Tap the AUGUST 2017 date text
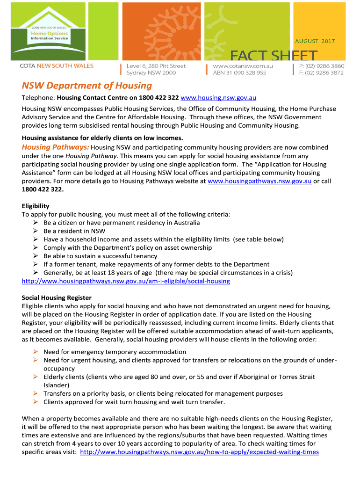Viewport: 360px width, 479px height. (315, 41)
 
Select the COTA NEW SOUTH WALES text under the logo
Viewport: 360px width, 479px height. (57, 66)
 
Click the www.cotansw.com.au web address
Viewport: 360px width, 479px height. (243, 66)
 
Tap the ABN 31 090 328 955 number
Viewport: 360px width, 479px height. (239, 73)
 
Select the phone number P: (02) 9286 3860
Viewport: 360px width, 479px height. (322, 66)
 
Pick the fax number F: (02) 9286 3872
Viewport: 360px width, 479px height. (321, 73)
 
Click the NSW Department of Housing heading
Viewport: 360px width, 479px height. (87, 86)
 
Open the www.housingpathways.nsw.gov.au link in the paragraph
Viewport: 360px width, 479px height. (259, 181)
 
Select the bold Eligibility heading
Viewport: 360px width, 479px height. (36, 206)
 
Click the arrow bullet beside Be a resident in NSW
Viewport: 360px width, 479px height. (36, 231)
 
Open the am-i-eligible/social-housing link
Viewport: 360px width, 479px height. (126, 281)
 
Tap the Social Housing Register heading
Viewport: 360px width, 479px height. (57, 298)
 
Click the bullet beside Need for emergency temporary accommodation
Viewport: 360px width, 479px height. (36, 352)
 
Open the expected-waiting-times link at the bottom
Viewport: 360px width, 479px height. (200, 452)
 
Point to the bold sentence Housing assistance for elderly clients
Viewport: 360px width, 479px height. (102, 138)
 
